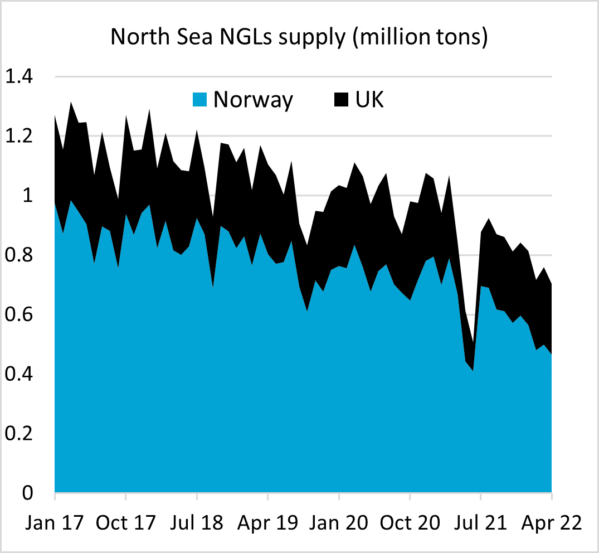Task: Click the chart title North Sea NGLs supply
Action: point(299,37)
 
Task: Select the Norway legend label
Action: point(253,100)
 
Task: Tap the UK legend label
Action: point(369,100)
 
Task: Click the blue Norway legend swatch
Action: point(200,100)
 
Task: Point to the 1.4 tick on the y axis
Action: point(20,77)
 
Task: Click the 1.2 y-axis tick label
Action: point(20,137)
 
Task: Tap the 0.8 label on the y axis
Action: point(20,256)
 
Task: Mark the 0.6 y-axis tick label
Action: point(20,315)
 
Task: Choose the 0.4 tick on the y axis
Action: point(20,375)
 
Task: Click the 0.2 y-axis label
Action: point(20,434)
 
